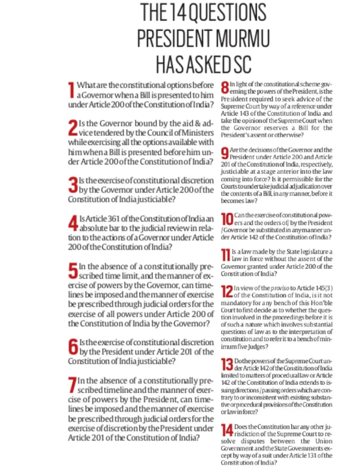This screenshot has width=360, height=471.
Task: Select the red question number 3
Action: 72,185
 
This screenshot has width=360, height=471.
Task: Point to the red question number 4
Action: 73,223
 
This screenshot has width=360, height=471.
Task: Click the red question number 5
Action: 73,270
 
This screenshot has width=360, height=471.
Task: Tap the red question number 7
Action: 72,385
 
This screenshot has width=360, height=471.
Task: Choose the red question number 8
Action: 223,89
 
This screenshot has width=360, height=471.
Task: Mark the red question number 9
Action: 223,153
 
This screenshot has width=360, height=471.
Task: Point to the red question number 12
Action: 225,291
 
